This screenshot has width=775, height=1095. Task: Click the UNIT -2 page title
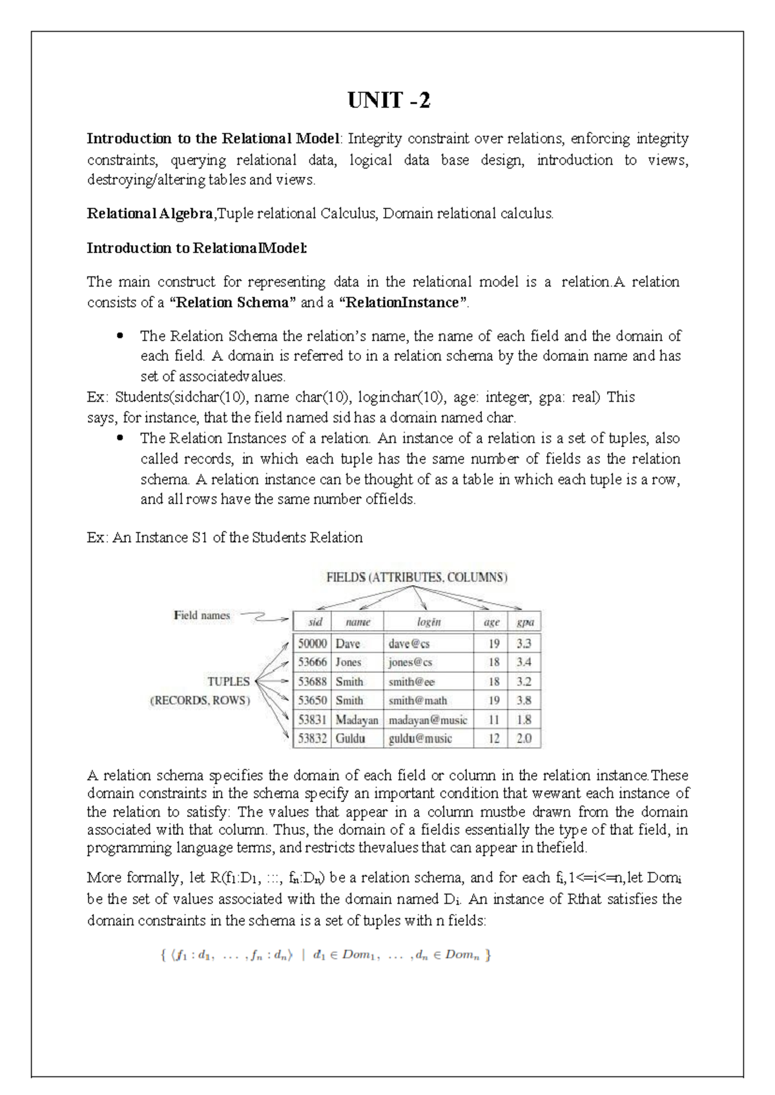point(388,101)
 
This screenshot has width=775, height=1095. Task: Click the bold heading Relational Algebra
point(150,214)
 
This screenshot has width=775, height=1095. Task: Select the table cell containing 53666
point(312,662)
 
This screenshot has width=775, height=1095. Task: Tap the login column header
point(428,622)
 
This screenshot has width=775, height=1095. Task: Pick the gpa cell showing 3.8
point(524,701)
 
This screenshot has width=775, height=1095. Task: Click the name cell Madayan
point(356,720)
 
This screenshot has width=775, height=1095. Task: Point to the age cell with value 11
point(493,720)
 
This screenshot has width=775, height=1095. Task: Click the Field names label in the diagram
point(201,616)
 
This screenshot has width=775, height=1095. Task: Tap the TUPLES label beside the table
point(228,682)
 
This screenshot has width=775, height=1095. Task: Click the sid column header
point(315,622)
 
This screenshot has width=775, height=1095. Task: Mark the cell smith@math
point(418,701)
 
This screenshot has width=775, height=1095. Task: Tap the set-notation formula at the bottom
point(325,956)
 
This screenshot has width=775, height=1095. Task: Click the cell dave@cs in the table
point(409,644)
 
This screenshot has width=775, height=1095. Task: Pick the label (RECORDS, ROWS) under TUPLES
point(200,701)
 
